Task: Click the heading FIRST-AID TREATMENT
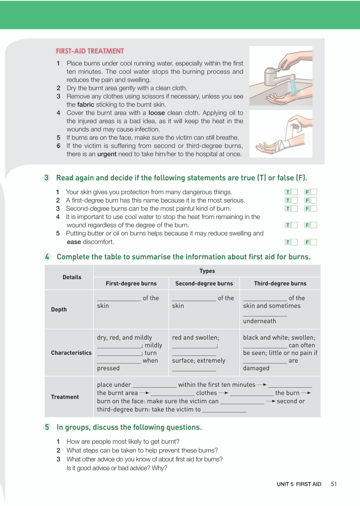click(x=90, y=51)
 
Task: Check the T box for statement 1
click(x=294, y=192)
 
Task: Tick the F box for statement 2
click(x=314, y=200)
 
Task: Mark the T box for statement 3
click(x=294, y=208)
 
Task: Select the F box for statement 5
click(x=314, y=242)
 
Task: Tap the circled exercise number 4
click(x=47, y=257)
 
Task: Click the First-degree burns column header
click(x=131, y=283)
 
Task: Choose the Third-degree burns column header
click(x=280, y=283)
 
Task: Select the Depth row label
click(x=59, y=310)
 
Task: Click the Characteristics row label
click(x=71, y=353)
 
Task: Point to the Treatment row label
click(x=65, y=397)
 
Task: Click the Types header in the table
click(x=207, y=271)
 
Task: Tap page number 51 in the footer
click(x=334, y=484)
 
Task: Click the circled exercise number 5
click(x=47, y=427)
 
